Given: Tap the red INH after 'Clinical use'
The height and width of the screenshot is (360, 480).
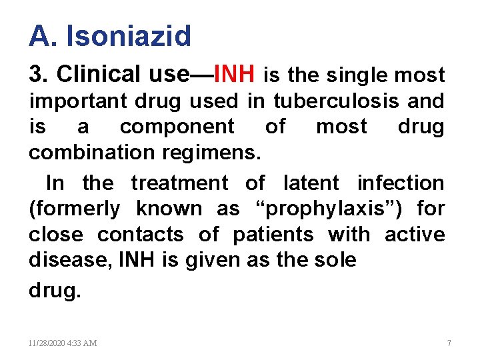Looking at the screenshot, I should click(236, 75).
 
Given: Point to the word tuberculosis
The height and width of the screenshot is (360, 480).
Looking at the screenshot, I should click(325, 101).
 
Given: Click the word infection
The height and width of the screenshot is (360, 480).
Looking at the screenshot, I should click(401, 182).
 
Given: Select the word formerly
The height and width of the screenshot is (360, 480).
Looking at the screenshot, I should click(74, 208).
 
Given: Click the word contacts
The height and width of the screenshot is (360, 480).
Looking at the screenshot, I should click(140, 234).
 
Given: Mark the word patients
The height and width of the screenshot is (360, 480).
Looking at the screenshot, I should click(273, 234).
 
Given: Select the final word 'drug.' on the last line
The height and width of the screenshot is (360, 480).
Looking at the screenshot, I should click(54, 291).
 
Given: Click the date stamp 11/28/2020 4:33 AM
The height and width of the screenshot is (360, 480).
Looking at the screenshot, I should click(63, 343).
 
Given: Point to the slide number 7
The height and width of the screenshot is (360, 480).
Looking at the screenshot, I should click(449, 343).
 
